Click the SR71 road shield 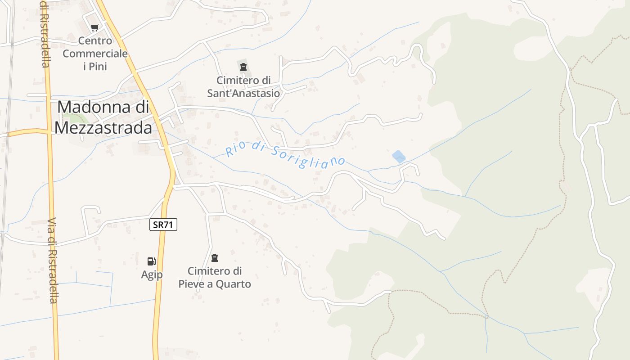163,225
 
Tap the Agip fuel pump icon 152,261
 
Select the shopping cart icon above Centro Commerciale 94,28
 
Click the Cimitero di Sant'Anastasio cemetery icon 243,67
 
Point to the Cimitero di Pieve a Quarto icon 215,258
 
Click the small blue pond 399,157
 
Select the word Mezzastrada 103,128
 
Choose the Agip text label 152,274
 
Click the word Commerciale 95,54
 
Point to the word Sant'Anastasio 243,94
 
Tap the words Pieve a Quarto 215,284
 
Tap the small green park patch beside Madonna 77,118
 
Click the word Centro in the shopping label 95,40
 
